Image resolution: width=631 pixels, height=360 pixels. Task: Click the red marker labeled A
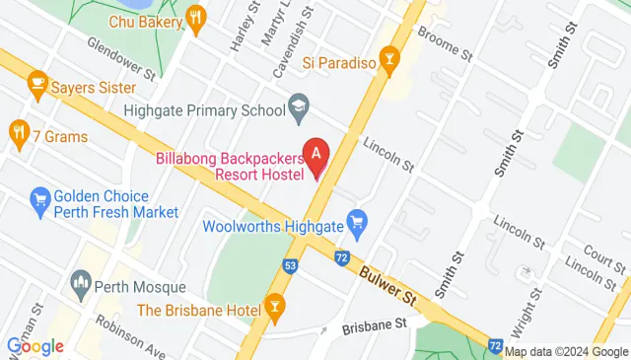[315, 155]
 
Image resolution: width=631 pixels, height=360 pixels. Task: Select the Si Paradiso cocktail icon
[391, 62]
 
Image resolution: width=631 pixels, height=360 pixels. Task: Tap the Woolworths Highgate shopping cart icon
[357, 226]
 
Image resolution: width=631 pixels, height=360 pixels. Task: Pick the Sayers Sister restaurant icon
[39, 81]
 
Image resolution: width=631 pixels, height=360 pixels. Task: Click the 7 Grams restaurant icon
[18, 132]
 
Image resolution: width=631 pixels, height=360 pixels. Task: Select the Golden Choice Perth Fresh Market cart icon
[40, 203]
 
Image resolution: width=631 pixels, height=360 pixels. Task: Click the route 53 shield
[290, 265]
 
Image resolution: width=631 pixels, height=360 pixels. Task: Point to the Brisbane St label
[374, 324]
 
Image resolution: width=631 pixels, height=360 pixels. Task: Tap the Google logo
[35, 345]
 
